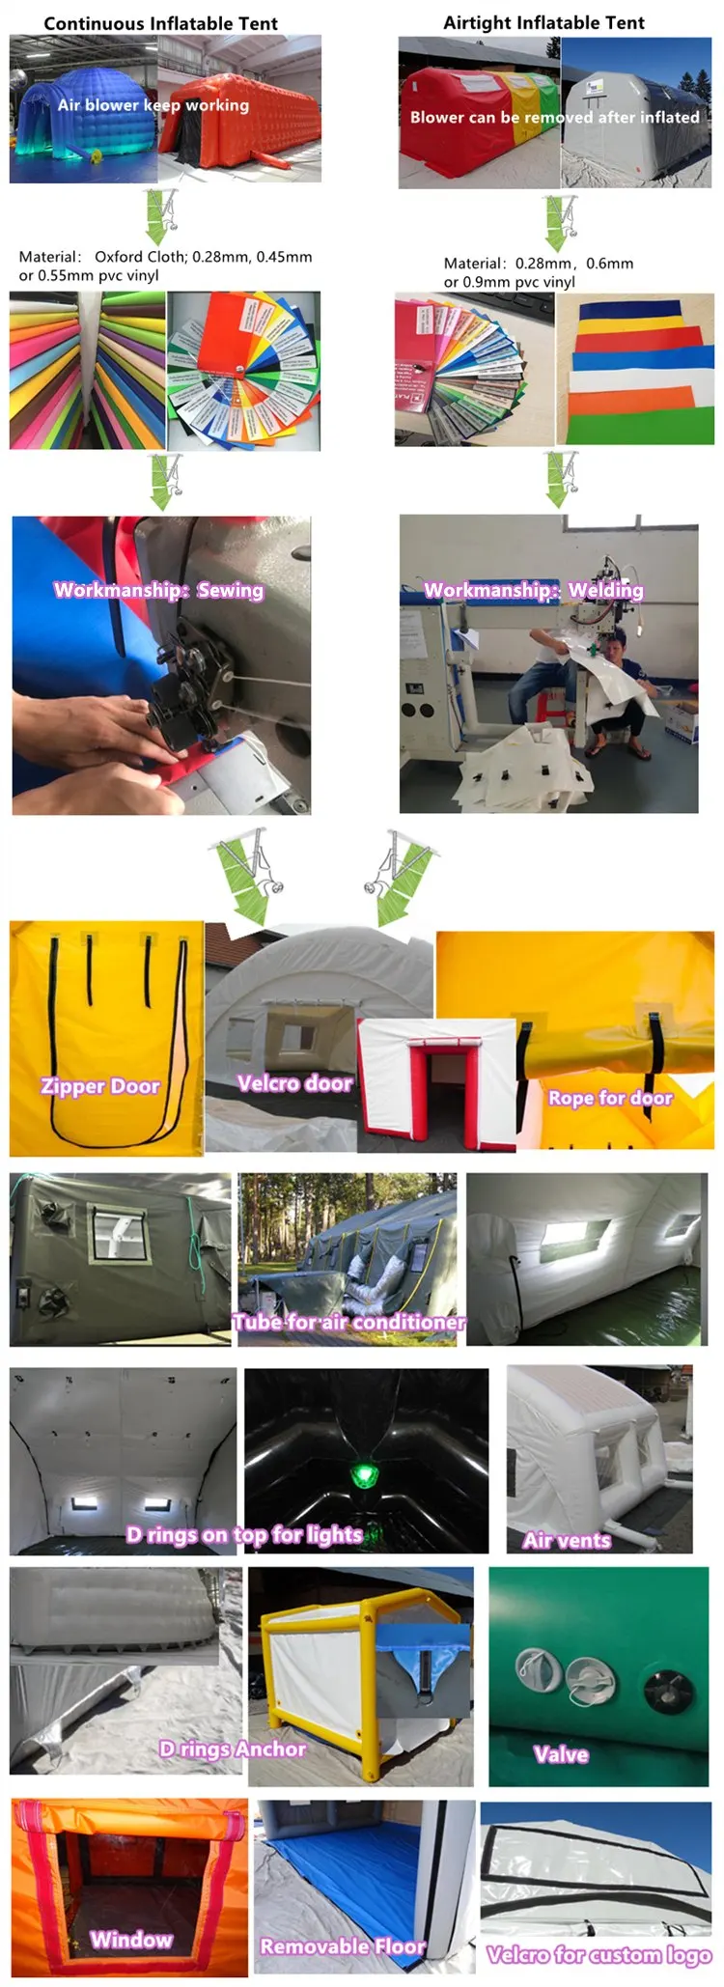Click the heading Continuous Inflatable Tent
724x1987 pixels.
tap(160, 23)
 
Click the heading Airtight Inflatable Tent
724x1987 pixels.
tap(543, 22)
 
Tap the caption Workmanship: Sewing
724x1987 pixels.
tap(158, 590)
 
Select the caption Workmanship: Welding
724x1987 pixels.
tap(533, 590)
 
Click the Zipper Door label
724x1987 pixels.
tap(100, 1086)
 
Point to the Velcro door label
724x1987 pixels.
tap(294, 1083)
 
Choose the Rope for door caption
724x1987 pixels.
tap(610, 1098)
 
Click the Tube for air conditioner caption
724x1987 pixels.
tap(348, 1322)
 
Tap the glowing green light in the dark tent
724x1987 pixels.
tap(365, 1474)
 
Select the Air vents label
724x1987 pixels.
tap(567, 1540)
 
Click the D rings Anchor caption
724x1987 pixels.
tap(233, 1749)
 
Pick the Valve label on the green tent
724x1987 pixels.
tap(561, 1754)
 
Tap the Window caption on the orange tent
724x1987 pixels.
tap(131, 1939)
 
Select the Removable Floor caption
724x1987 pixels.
tap(343, 1946)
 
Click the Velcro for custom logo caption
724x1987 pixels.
tap(599, 1955)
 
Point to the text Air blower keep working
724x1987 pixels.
tap(153, 105)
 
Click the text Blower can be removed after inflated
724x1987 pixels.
tap(554, 118)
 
